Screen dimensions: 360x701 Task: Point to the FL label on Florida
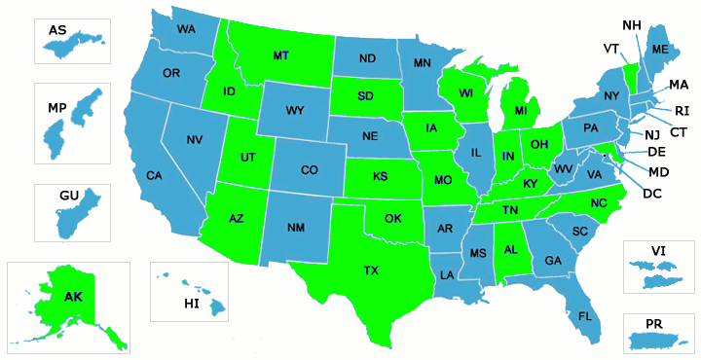click(585, 316)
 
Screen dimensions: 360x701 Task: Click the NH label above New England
click(631, 24)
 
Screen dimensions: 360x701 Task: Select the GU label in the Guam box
click(68, 196)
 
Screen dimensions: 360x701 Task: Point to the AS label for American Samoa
click(57, 30)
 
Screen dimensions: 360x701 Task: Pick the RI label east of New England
click(682, 110)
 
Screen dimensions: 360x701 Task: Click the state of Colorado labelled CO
click(309, 170)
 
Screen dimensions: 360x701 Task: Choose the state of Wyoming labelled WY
click(295, 111)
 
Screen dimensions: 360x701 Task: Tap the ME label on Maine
click(659, 49)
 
